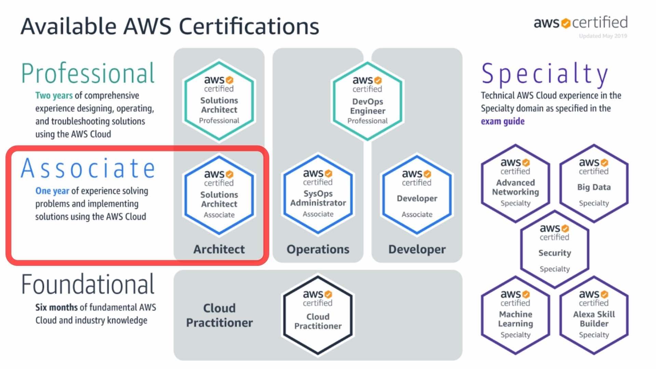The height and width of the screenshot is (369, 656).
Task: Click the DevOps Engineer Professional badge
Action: [367, 101]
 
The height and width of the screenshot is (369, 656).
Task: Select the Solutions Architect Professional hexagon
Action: [219, 101]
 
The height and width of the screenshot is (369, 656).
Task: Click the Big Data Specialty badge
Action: [594, 183]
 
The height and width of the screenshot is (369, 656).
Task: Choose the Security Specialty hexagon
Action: [555, 249]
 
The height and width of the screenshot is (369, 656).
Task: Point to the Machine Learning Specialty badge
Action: [515, 315]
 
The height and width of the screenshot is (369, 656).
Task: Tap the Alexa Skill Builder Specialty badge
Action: [594, 315]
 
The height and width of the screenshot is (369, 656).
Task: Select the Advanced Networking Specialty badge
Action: [515, 183]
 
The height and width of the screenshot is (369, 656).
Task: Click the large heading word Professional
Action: [88, 73]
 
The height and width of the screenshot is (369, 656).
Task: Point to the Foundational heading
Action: [88, 284]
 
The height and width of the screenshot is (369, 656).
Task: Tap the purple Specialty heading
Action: [545, 74]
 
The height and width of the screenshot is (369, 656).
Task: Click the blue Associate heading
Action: [88, 168]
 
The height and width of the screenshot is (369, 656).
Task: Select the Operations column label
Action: [318, 249]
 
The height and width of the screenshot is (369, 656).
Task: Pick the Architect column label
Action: [219, 249]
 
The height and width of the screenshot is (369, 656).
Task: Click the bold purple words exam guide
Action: [503, 121]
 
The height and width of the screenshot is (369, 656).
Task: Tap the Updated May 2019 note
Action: [603, 36]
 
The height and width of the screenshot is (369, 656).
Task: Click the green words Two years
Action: [54, 95]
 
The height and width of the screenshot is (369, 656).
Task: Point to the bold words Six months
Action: [56, 307]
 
